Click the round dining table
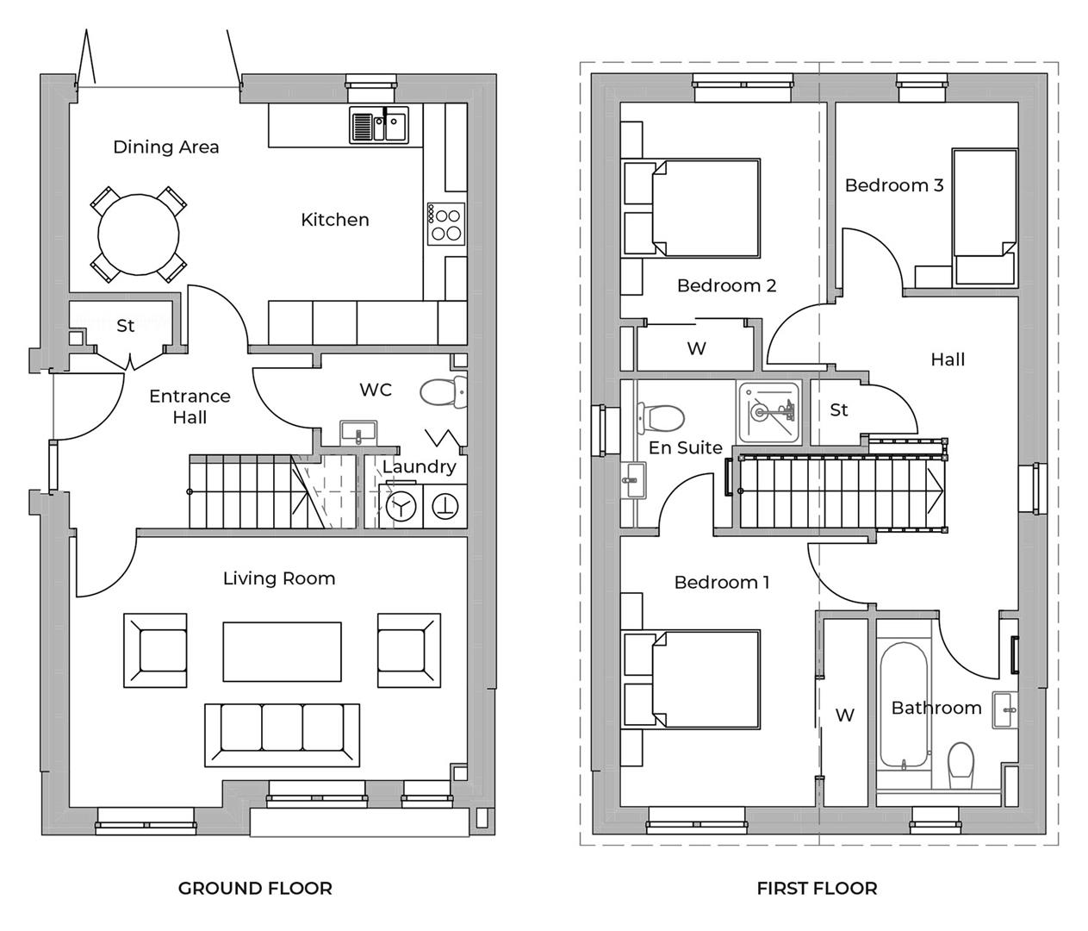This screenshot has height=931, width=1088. click(x=139, y=234)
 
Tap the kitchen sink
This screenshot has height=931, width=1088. click(x=378, y=125)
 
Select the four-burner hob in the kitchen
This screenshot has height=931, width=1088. click(x=446, y=223)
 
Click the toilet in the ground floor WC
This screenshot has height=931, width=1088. click(x=441, y=392)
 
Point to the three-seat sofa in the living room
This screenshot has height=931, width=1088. click(x=282, y=734)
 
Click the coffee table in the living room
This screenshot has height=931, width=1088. click(x=282, y=651)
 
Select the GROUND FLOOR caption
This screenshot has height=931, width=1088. click(x=255, y=888)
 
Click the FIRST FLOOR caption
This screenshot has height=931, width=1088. click(x=817, y=888)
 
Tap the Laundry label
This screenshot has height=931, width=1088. click(x=419, y=466)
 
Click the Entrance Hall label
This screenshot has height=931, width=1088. click(x=190, y=407)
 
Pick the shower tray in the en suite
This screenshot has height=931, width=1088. click(x=768, y=412)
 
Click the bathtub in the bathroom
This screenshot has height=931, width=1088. click(x=903, y=704)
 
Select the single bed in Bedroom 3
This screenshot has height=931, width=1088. click(x=983, y=215)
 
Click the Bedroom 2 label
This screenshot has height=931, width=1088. click(x=726, y=285)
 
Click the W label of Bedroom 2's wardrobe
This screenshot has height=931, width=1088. click(x=696, y=348)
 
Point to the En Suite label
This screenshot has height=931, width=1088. click(x=685, y=447)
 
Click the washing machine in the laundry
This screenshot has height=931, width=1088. click(x=401, y=505)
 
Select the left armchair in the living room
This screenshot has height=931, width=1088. click(x=156, y=651)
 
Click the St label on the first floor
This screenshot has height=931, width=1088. click(x=838, y=410)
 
